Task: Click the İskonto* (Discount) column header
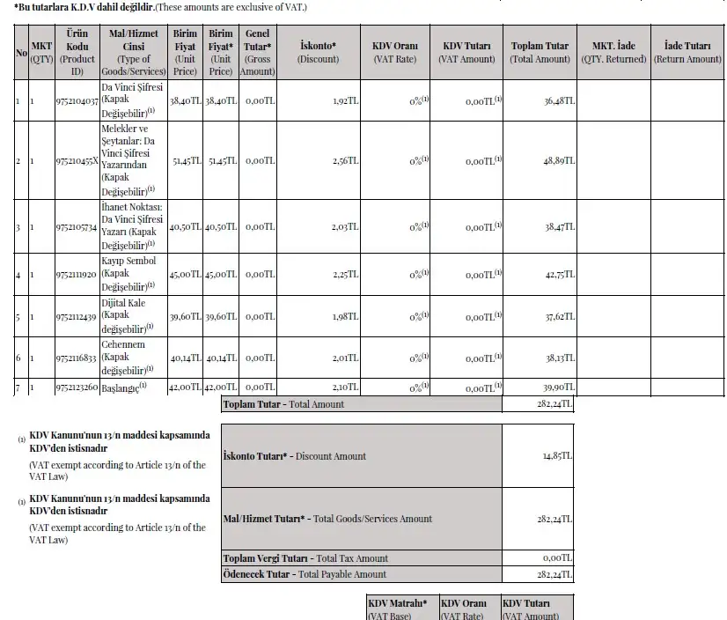(318, 52)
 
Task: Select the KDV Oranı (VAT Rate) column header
(395, 52)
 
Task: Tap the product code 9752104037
(76, 101)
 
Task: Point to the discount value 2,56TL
(346, 161)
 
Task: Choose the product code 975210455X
(76, 161)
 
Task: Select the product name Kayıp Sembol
(129, 262)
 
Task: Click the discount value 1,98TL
(346, 317)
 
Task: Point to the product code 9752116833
(76, 358)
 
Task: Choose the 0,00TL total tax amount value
(558, 558)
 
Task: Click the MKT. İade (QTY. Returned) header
(613, 52)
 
